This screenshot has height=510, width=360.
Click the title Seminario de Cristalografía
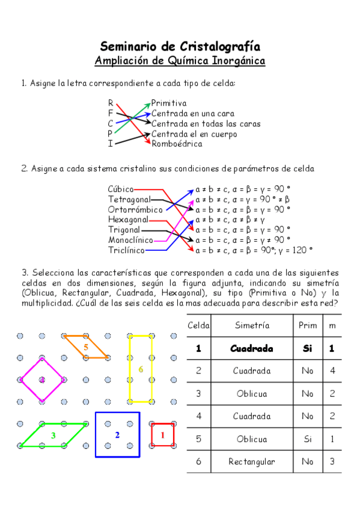180,47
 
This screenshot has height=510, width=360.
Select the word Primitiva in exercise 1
169,103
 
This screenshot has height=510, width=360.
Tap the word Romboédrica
177,144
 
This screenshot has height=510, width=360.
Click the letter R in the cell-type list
111,103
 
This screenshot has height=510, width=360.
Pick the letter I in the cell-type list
111,144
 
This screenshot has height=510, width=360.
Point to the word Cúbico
121,189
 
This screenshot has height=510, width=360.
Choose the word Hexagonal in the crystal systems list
128,220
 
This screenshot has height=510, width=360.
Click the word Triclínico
126,250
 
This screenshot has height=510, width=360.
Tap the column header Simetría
252,325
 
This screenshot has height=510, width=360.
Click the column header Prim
308,325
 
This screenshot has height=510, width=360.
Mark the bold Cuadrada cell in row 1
252,348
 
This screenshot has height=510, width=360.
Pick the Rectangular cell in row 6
252,462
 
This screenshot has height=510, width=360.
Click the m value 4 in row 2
332,371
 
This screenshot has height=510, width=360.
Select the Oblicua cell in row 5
252,439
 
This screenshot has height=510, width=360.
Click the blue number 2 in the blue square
117,435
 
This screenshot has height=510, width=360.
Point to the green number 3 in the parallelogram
53,435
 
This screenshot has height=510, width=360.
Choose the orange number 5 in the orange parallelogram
86,347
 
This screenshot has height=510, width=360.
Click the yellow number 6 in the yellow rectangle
141,369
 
